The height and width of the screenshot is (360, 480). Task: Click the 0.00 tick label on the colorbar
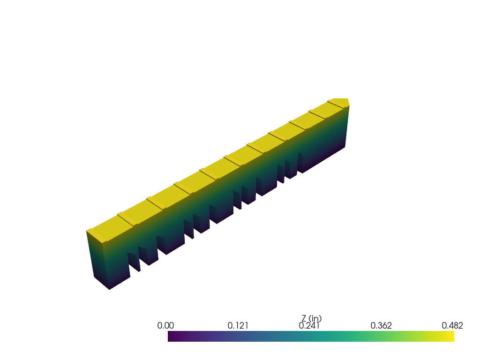165,325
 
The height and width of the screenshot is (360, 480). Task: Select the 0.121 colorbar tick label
238,325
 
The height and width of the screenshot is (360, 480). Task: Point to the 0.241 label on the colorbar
309,325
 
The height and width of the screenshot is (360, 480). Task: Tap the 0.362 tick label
381,325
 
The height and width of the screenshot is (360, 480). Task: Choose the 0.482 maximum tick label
452,325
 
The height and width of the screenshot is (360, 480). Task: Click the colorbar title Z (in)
312,319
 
